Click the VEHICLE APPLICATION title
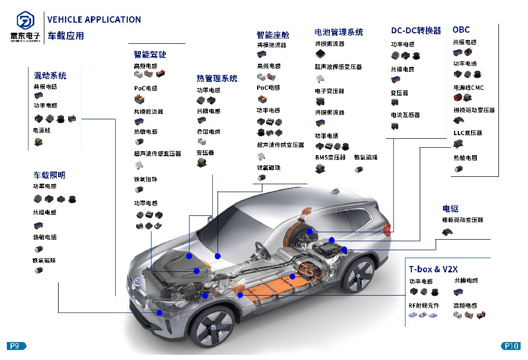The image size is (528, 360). click(94, 20)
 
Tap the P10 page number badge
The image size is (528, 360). click(511, 346)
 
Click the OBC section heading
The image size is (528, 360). click(461, 30)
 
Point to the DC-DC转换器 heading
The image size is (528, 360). click(416, 31)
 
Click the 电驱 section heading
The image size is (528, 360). click(450, 209)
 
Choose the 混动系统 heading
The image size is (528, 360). click(50, 75)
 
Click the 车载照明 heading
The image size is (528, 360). click(50, 175)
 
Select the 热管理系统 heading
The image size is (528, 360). click(217, 79)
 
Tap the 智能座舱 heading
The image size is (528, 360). click(273, 35)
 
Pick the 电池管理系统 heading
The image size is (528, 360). click(338, 32)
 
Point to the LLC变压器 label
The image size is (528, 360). click(468, 133)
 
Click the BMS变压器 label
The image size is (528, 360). click(330, 157)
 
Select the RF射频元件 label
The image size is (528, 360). click(423, 305)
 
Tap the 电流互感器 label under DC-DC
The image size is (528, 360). click(405, 115)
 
